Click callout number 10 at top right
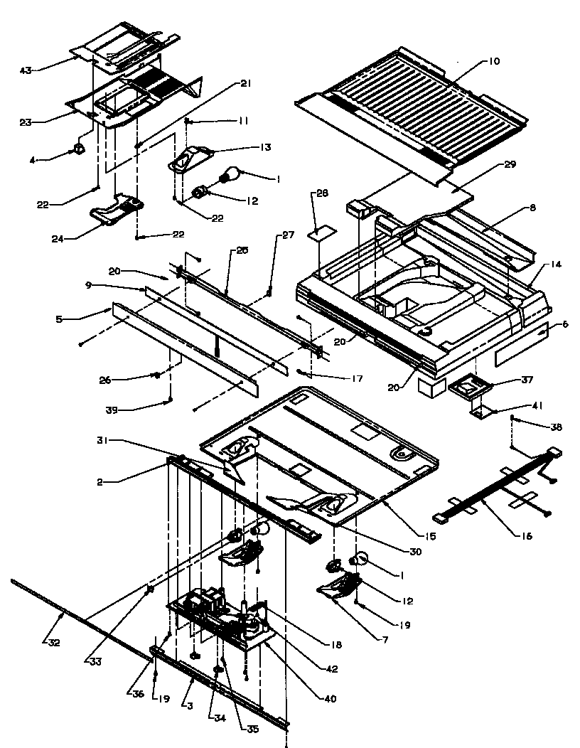(x=493, y=62)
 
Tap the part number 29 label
(x=510, y=164)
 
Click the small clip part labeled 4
(x=78, y=149)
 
